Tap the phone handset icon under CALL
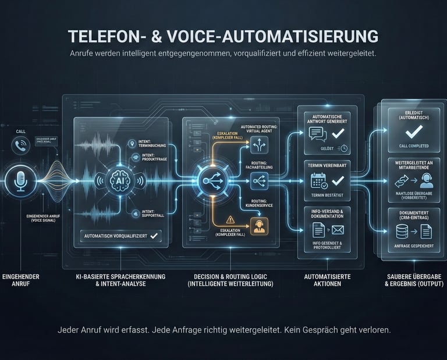point(21,147)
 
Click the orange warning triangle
point(231,220)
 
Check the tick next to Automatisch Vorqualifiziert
point(154,236)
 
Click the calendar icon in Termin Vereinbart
point(318,181)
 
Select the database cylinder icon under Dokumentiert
point(401,232)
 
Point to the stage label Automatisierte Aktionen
point(327,280)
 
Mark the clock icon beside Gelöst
point(344,148)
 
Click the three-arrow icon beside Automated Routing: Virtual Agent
point(257,141)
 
